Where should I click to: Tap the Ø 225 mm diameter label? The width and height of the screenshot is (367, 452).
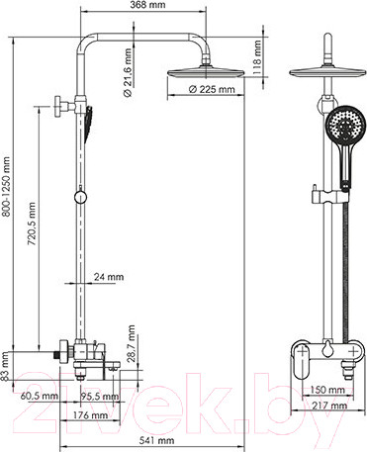pos(213,89)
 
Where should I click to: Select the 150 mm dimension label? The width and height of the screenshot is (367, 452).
pos(337,390)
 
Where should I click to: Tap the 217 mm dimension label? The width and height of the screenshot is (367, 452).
pos(337,407)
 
